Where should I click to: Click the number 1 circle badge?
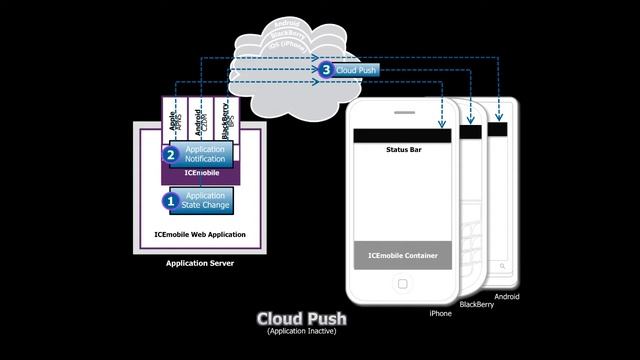pyautogui.click(x=170, y=200)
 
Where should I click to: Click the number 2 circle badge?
pyautogui.click(x=170, y=154)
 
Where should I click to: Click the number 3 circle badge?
pyautogui.click(x=325, y=70)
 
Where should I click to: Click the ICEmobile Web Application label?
pyautogui.click(x=199, y=234)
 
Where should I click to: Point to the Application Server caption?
pyautogui.click(x=199, y=264)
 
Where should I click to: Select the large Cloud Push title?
pyautogui.click(x=301, y=319)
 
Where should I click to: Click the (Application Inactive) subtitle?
pyautogui.click(x=301, y=331)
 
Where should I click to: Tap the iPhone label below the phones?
pyautogui.click(x=440, y=313)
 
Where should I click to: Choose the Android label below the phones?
pyautogui.click(x=506, y=296)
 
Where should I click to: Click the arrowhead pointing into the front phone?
pyautogui.click(x=441, y=126)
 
